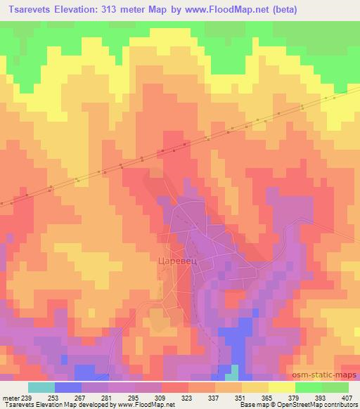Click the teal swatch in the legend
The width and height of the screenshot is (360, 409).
tap(41, 387)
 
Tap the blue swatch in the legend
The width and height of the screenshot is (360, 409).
tap(68, 387)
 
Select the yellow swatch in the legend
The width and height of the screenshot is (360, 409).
tap(282, 387)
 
